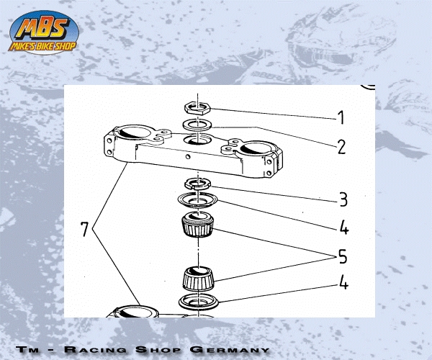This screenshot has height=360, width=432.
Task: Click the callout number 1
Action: click(341, 117)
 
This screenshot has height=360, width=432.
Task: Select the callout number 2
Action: click(341, 147)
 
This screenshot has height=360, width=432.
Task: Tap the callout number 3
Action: click(343, 199)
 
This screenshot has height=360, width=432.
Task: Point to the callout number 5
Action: click(343, 256)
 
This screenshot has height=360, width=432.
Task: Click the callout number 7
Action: click(84, 229)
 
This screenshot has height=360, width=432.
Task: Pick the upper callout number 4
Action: click(344, 228)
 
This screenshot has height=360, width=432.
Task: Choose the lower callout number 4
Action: click(344, 282)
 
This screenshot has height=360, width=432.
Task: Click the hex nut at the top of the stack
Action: click(197, 107)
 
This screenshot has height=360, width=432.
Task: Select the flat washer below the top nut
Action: click(197, 125)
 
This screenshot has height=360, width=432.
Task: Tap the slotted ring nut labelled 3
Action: click(197, 184)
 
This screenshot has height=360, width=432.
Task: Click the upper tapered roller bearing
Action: click(197, 224)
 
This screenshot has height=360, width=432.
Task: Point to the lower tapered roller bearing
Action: click(199, 278)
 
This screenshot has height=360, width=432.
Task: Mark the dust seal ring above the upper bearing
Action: click(197, 200)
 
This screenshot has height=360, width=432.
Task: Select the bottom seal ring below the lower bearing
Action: click(199, 302)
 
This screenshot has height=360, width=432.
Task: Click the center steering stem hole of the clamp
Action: click(197, 140)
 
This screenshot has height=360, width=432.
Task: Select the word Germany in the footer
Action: click(230, 349)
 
